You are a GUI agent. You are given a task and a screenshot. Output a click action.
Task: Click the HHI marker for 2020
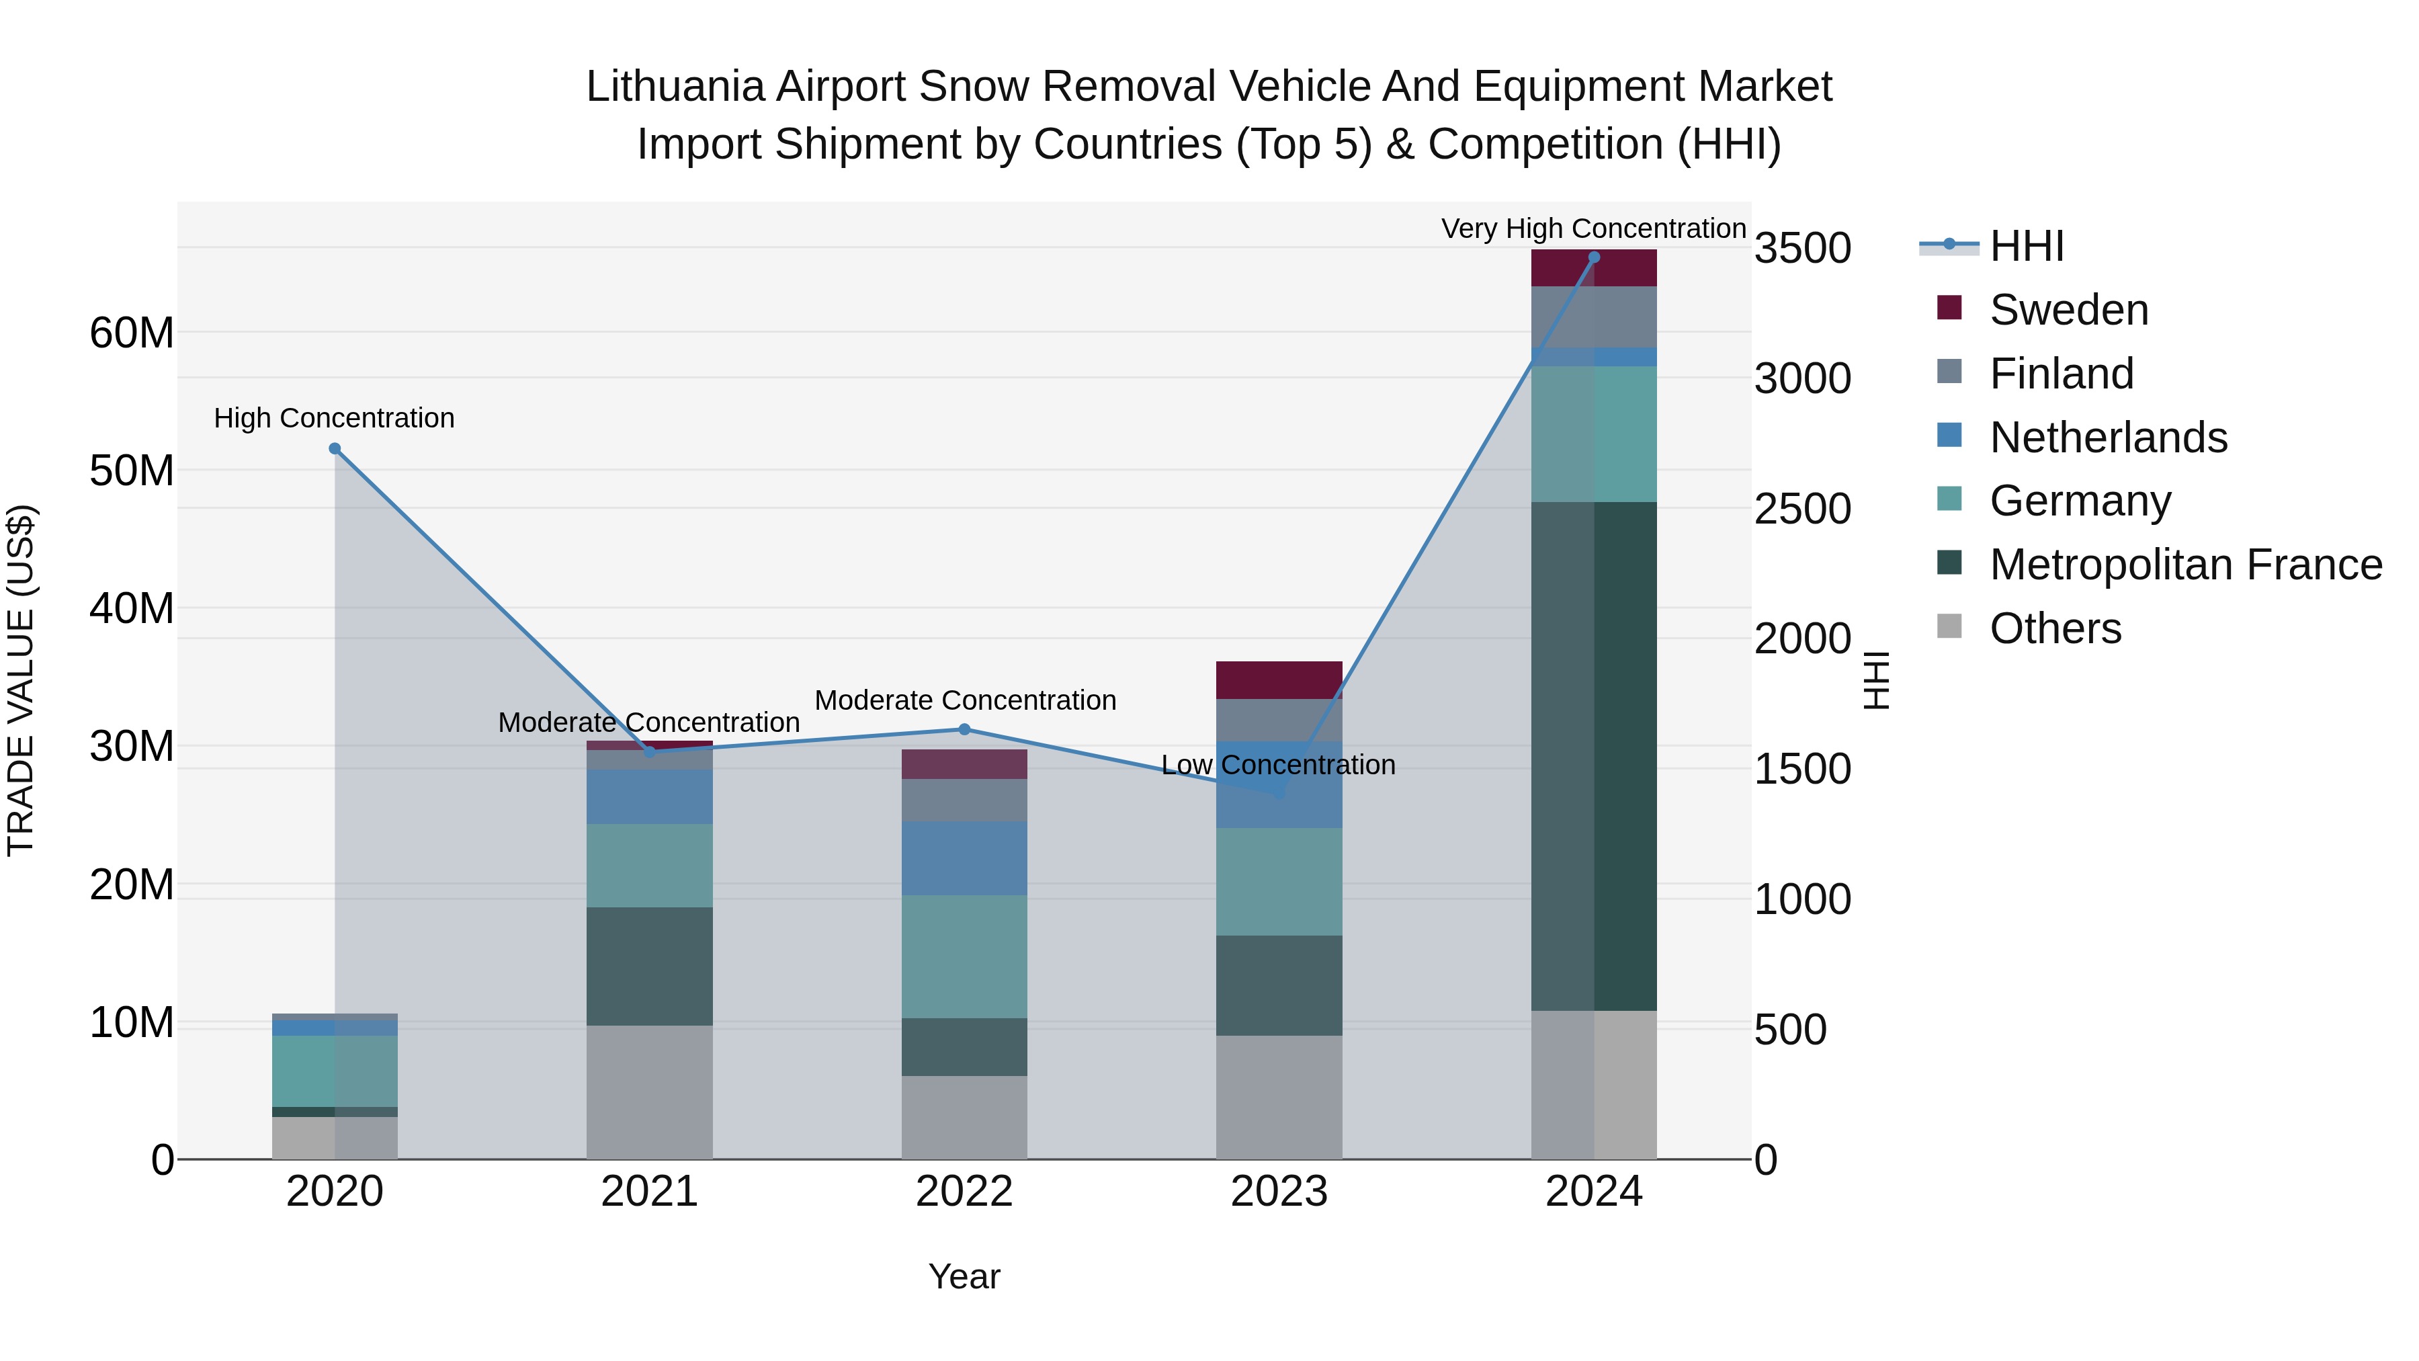pyautogui.click(x=335, y=449)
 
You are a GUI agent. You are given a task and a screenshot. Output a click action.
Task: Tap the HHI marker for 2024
pyautogui.click(x=1594, y=257)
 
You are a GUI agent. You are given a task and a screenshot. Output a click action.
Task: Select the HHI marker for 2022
pyautogui.click(x=964, y=730)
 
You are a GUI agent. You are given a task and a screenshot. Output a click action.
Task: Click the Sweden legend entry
pyautogui.click(x=2069, y=310)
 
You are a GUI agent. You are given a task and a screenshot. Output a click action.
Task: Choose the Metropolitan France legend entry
pyautogui.click(x=2185, y=565)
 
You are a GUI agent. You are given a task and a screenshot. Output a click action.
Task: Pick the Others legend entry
pyautogui.click(x=2055, y=628)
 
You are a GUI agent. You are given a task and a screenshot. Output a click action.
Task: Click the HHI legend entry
pyautogui.click(x=2027, y=246)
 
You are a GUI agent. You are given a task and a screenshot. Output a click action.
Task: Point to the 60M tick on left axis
pyautogui.click(x=132, y=333)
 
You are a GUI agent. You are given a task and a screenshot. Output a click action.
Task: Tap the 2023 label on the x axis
pyautogui.click(x=1279, y=1192)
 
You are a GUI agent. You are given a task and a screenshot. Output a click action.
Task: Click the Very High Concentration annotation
pyautogui.click(x=1594, y=229)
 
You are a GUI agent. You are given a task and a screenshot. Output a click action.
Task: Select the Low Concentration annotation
pyautogui.click(x=1278, y=765)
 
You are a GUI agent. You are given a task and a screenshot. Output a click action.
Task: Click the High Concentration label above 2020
pyautogui.click(x=335, y=418)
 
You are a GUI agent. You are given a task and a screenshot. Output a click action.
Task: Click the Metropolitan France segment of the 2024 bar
pyautogui.click(x=1594, y=756)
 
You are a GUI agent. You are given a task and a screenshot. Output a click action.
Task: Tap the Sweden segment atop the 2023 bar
pyautogui.click(x=1279, y=679)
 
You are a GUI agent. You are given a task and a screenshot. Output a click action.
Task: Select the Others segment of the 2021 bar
pyautogui.click(x=650, y=1091)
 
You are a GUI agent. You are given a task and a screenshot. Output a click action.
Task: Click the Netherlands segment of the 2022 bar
pyautogui.click(x=964, y=858)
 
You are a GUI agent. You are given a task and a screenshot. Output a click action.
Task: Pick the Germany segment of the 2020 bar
pyautogui.click(x=335, y=1071)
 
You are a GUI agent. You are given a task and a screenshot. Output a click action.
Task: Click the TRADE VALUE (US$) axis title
pyautogui.click(x=21, y=680)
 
